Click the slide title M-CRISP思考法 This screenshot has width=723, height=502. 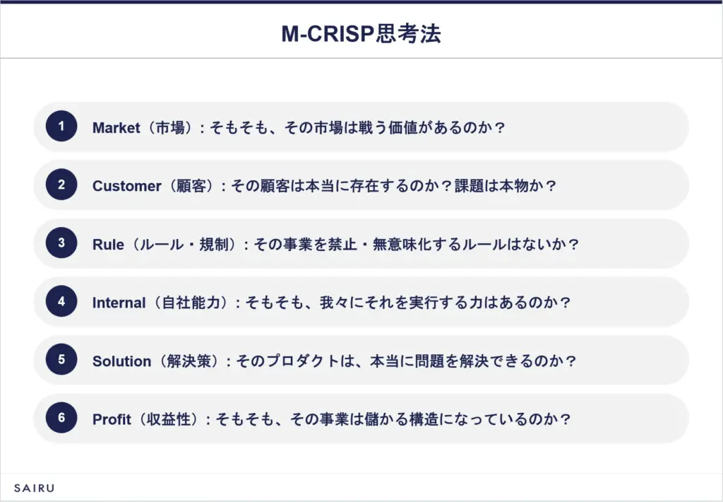pos(361,34)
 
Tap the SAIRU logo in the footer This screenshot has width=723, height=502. pos(34,488)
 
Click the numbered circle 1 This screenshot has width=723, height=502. pos(61,126)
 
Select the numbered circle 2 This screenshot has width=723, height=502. pos(61,185)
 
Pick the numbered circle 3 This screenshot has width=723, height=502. pos(61,243)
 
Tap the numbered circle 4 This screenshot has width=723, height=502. pos(61,301)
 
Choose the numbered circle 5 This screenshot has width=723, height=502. pos(61,359)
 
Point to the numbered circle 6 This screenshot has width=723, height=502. pos(61,417)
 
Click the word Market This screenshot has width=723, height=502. pos(116,127)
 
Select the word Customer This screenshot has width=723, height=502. pos(127,186)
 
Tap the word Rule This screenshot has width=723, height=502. pos(108,245)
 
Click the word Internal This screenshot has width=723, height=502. pos(119,303)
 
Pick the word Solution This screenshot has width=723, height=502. pos(121,361)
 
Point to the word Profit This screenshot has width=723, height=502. pos(112,419)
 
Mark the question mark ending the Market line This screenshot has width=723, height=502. pos(501,127)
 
